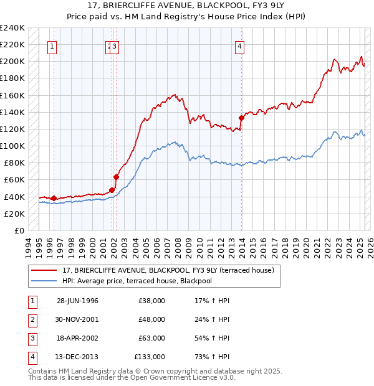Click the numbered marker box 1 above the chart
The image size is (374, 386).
tap(52, 45)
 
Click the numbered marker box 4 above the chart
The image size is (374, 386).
tap(239, 45)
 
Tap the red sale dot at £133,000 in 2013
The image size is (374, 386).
tap(241, 117)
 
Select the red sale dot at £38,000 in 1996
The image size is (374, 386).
tap(54, 198)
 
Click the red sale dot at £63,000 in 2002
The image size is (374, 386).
tap(116, 177)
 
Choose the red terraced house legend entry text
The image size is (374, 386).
tap(172, 270)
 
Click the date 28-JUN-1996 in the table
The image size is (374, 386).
tap(77, 301)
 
